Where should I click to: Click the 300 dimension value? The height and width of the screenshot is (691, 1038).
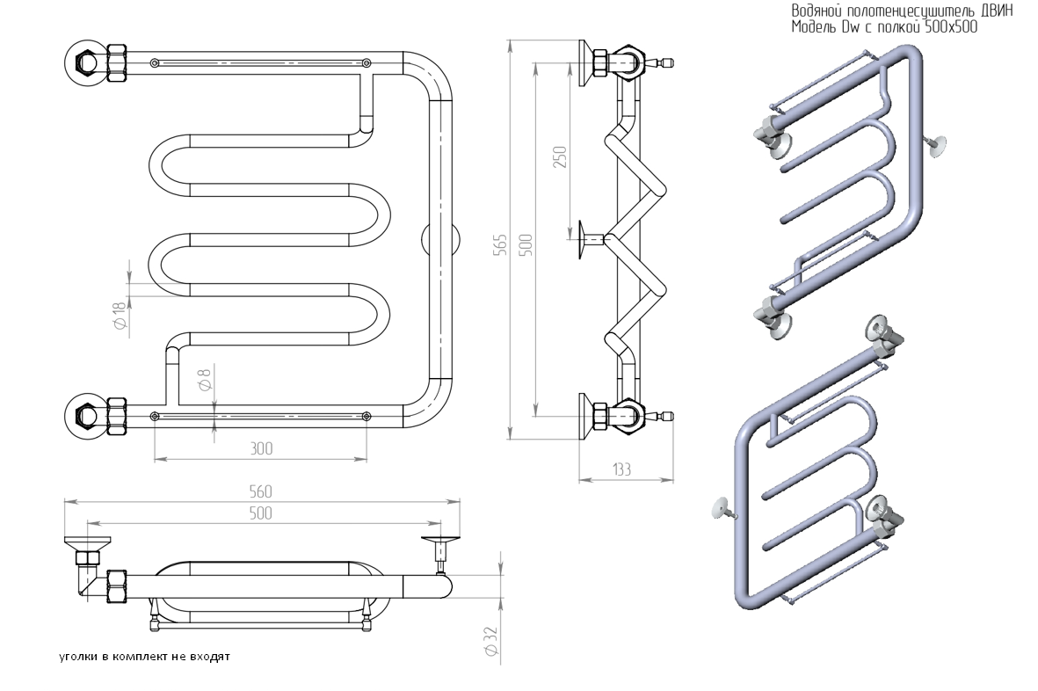[261, 448]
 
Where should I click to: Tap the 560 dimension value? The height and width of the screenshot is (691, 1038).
[261, 492]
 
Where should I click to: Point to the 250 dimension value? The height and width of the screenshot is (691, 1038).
[560, 156]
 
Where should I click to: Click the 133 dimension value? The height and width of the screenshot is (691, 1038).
[621, 469]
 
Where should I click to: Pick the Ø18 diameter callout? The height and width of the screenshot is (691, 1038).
[120, 316]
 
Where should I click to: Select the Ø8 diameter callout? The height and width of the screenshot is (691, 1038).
[204, 381]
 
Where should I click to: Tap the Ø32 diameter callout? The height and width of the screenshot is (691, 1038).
[491, 639]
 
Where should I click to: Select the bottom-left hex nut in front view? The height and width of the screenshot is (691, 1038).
[88, 413]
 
